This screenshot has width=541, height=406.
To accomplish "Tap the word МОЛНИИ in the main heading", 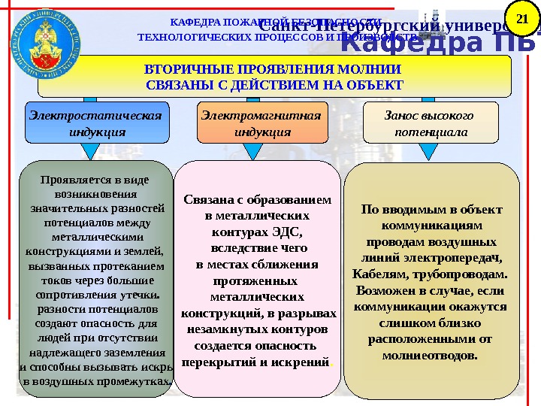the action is pos(373,68).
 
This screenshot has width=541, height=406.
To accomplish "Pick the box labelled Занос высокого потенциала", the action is pos(431,123).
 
